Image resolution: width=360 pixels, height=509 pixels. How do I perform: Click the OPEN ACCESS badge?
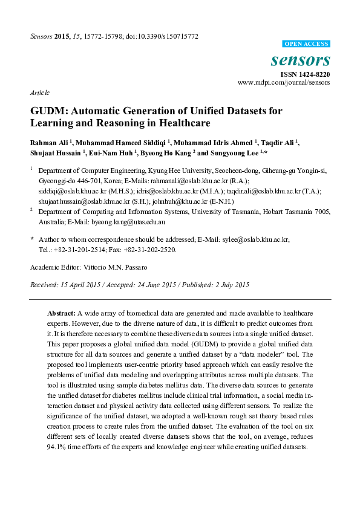(x=307, y=44)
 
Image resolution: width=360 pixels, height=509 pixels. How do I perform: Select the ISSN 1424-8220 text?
(x=305, y=74)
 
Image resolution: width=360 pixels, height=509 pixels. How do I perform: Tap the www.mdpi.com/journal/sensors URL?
(x=284, y=82)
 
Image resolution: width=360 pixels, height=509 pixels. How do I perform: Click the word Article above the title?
(x=40, y=93)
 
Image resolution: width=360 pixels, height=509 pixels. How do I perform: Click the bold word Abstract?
(x=61, y=314)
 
